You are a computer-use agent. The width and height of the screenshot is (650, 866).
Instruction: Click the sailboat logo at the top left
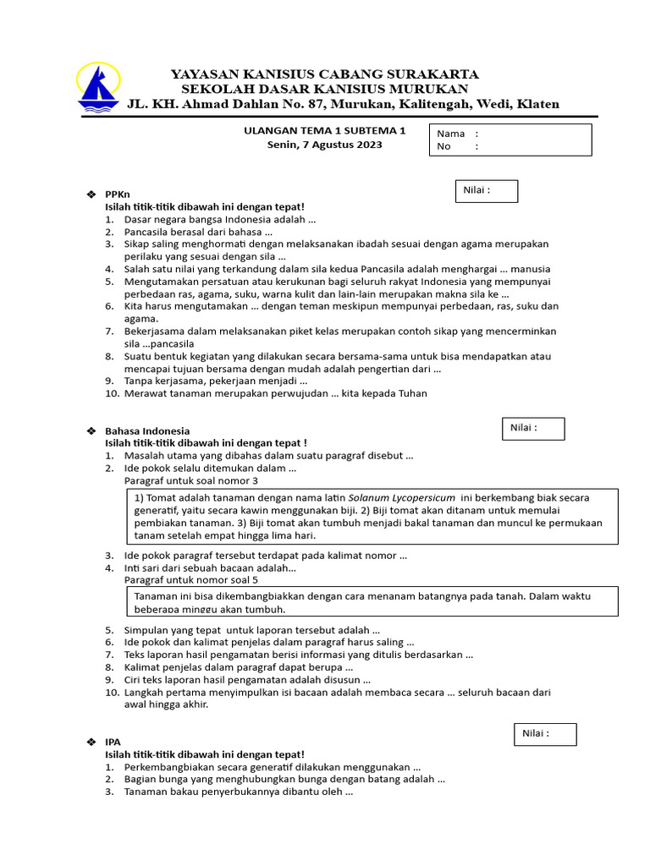[x=98, y=88]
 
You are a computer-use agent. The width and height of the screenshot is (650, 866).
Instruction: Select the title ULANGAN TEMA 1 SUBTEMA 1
[x=325, y=131]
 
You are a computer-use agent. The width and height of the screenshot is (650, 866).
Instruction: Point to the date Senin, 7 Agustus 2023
[x=325, y=145]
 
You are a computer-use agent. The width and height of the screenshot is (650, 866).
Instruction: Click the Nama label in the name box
[x=451, y=134]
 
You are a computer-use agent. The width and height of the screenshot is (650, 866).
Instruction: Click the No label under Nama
[x=444, y=146]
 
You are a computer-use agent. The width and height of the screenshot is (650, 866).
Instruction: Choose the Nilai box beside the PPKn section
[x=487, y=191]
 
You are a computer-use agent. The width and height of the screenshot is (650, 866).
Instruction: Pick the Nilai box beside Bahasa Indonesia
[x=533, y=429]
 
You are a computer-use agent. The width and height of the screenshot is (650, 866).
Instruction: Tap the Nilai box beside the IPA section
[x=545, y=734]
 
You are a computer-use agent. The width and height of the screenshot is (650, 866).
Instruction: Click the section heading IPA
[x=113, y=742]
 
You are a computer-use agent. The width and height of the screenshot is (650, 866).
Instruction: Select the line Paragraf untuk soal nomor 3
[x=190, y=480]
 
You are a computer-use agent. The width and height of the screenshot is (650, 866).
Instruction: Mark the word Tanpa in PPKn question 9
[x=139, y=381]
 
